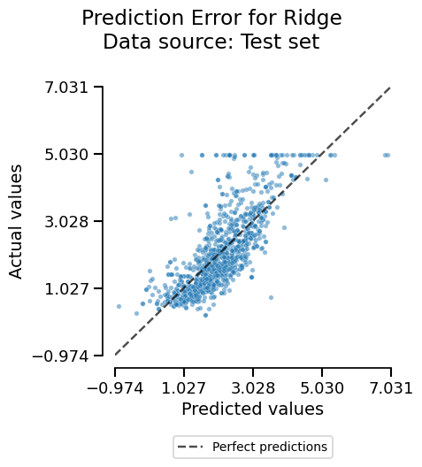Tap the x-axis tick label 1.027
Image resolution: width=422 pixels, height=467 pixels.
click(x=184, y=387)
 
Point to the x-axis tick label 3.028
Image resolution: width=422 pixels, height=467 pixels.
click(x=253, y=387)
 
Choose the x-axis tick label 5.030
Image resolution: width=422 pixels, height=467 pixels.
click(x=322, y=387)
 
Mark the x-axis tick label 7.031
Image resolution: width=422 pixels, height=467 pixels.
click(x=390, y=387)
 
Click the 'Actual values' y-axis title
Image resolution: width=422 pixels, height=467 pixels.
click(x=17, y=221)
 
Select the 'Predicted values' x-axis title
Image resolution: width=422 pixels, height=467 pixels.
click(x=252, y=409)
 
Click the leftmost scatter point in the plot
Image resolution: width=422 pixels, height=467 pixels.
click(x=119, y=306)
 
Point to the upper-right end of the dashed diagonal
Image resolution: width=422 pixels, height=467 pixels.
click(x=390, y=87)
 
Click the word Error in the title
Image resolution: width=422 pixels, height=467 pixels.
click(x=213, y=18)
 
